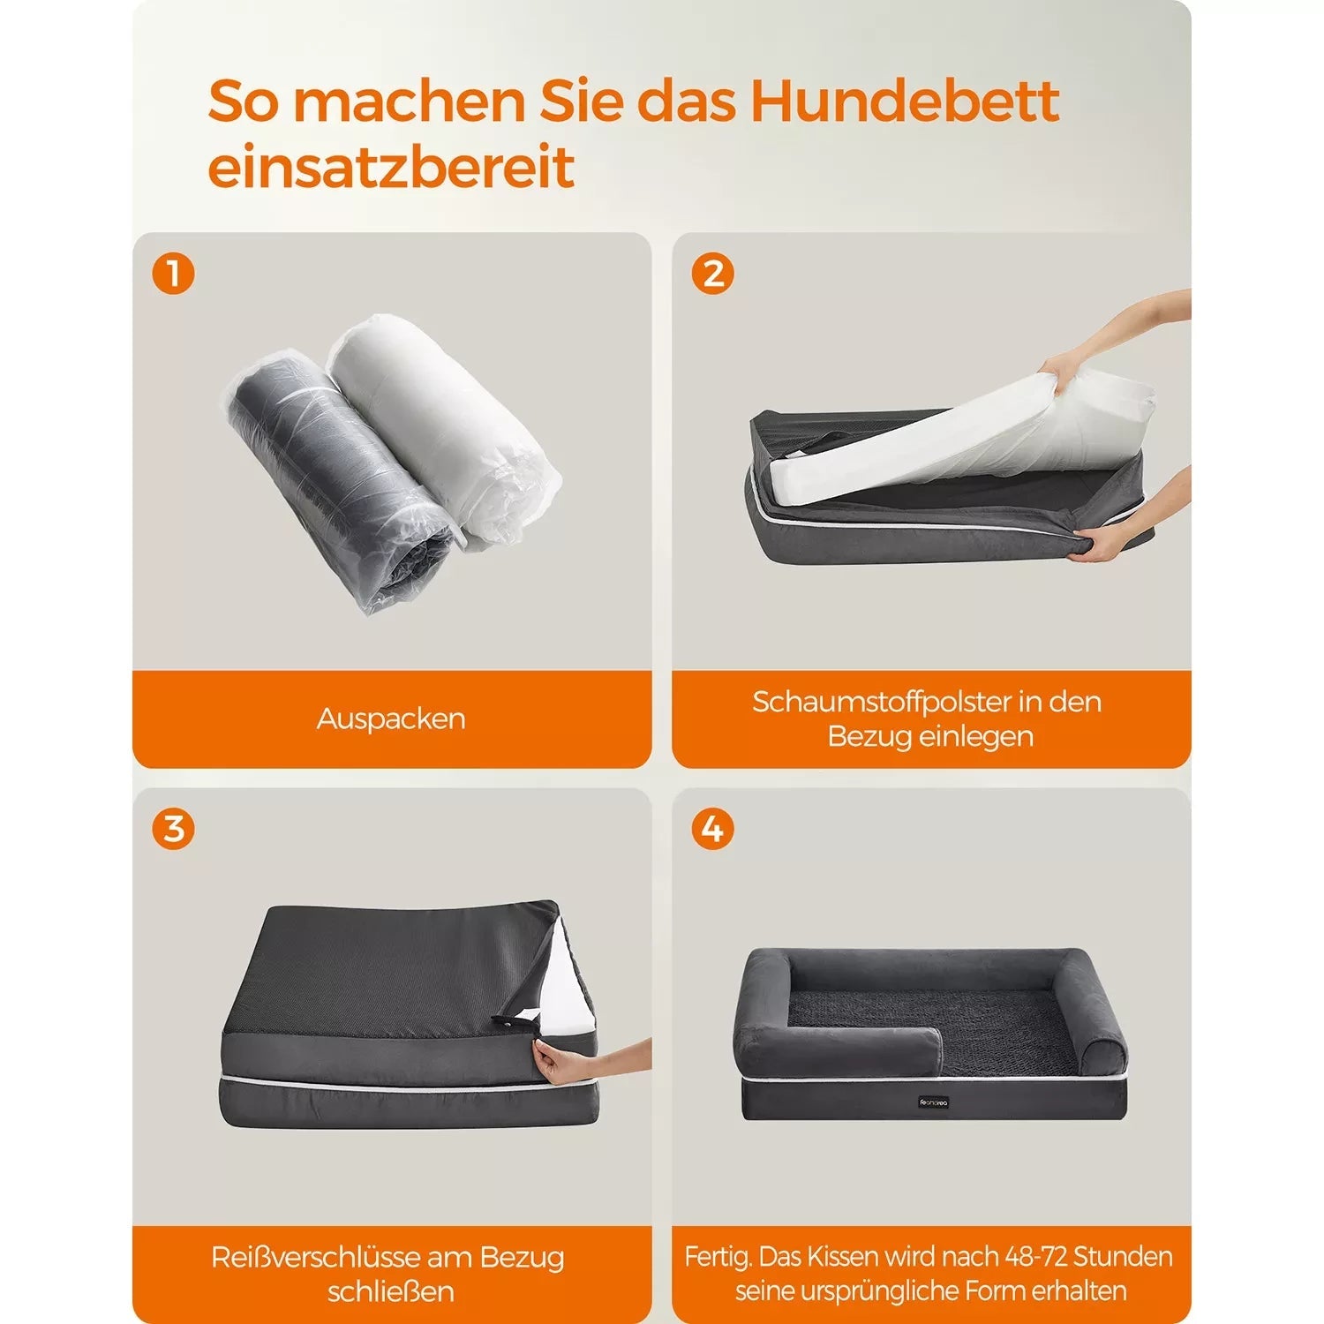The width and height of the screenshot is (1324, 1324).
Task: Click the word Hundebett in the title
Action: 904,102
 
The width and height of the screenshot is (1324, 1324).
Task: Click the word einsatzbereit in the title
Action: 391,167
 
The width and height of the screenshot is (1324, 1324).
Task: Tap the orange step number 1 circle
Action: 173,274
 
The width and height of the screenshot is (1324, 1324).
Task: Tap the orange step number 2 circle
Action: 712,274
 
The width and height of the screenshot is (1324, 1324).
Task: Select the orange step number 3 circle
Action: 173,830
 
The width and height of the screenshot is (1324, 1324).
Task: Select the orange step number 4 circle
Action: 712,830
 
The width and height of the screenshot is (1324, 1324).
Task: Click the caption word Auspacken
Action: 391,718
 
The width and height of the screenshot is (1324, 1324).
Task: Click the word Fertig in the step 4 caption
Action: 717,1257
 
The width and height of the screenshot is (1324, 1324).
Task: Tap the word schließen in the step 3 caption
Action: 391,1291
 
